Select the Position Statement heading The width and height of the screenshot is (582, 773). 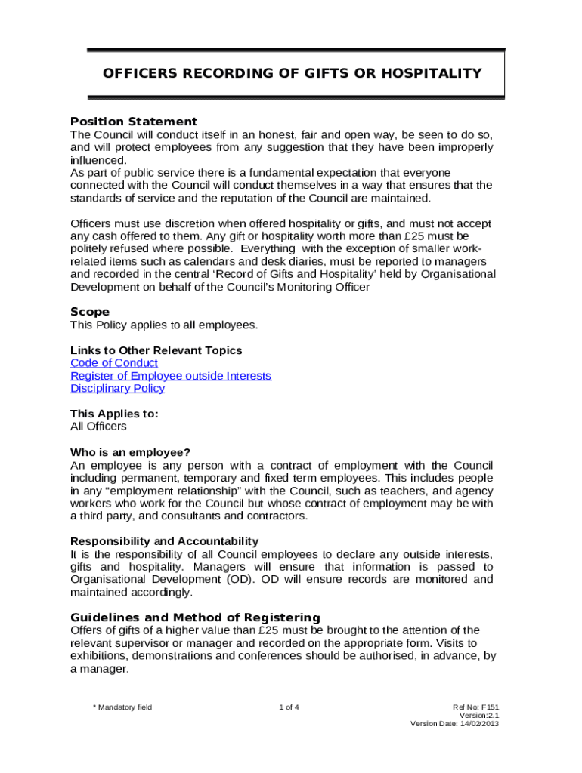click(x=134, y=122)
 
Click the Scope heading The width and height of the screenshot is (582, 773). click(x=90, y=312)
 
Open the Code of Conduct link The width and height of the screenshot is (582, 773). click(x=114, y=363)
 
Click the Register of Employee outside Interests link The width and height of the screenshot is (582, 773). click(x=171, y=376)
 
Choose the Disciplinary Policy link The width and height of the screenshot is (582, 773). click(x=117, y=389)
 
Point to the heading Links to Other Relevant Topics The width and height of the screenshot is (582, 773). click(x=156, y=350)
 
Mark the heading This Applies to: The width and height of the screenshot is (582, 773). click(x=114, y=414)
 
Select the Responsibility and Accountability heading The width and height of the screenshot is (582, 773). click(x=164, y=541)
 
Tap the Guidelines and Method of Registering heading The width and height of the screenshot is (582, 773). click(x=195, y=617)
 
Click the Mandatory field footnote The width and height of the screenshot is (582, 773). click(x=122, y=707)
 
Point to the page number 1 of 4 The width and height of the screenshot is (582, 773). click(x=289, y=707)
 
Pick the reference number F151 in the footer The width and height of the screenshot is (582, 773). click(x=489, y=707)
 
